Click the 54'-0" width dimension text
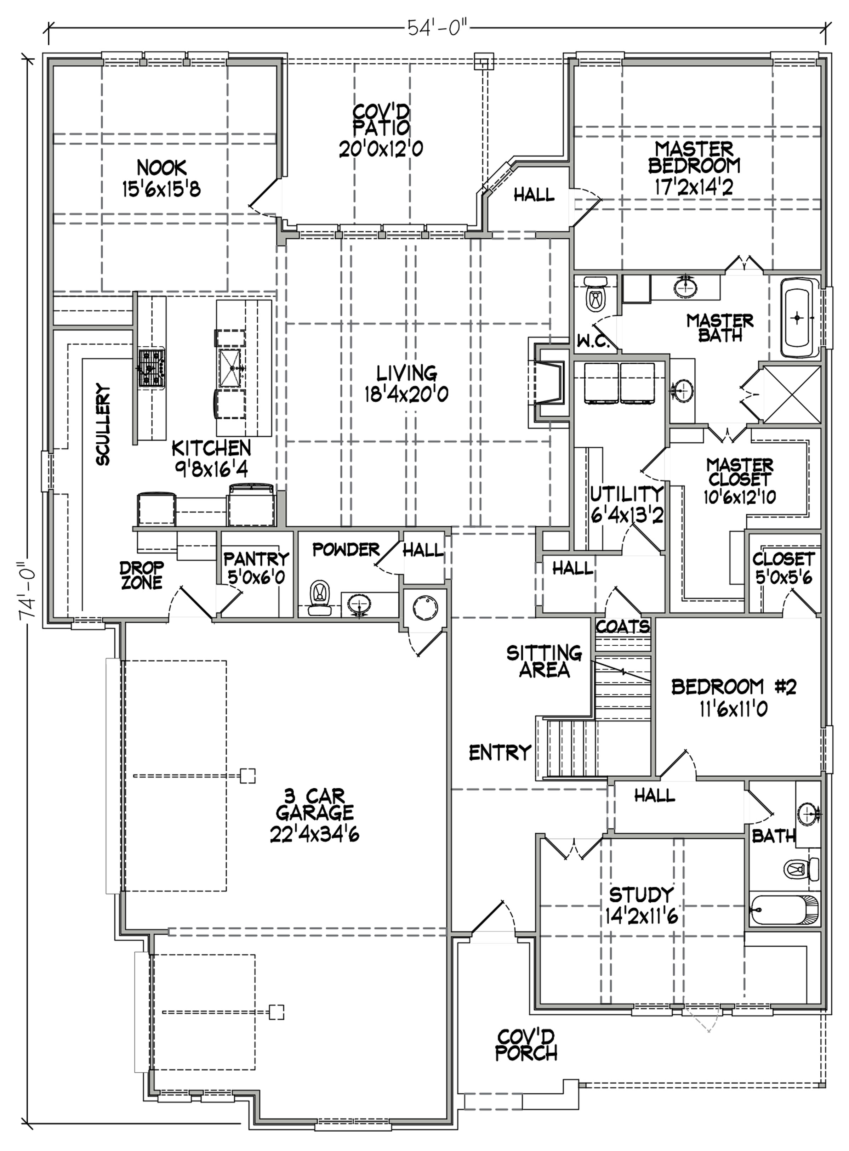pyautogui.click(x=438, y=27)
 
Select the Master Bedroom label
pyautogui.click(x=694, y=157)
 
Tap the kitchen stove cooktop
pyautogui.click(x=151, y=368)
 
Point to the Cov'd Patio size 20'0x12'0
pyautogui.click(x=381, y=149)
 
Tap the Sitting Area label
pyautogui.click(x=544, y=661)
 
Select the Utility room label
pyautogui.click(x=626, y=494)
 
